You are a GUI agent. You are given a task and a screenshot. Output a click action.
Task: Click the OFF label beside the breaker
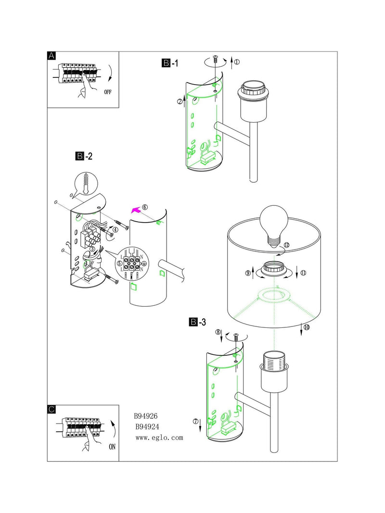108,92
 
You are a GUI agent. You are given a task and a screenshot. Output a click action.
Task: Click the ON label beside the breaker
112,447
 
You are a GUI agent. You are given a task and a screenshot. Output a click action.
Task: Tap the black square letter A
51,56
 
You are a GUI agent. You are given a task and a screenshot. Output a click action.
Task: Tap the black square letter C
51,409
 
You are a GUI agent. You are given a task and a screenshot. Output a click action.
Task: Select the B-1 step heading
170,63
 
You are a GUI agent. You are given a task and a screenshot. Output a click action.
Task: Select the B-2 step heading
84,156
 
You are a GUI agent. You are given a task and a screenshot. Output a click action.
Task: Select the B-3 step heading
198,322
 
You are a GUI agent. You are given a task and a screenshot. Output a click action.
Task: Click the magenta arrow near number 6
135,210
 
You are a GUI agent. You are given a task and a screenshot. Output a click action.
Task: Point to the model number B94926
146,416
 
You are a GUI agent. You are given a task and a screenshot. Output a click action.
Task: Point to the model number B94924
147,426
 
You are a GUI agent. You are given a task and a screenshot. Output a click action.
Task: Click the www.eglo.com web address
159,438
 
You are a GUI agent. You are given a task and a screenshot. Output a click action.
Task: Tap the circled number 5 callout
119,263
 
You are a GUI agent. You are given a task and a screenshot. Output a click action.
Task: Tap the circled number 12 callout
287,245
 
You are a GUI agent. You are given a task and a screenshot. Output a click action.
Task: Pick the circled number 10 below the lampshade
307,327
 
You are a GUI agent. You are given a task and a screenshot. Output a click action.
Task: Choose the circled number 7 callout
196,421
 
